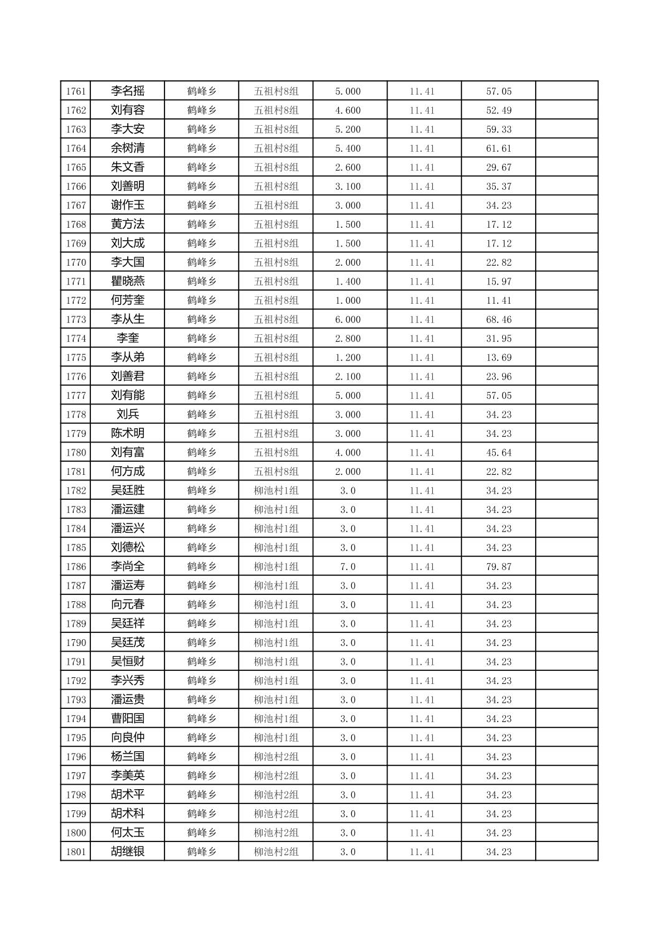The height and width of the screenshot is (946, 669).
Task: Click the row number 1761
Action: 75,91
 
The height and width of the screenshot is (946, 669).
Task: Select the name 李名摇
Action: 128,91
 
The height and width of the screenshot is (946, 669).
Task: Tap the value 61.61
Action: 498,149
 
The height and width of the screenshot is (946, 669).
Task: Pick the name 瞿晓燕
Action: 128,281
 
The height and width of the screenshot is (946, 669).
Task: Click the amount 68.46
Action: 498,320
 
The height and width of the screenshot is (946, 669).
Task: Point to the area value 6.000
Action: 348,320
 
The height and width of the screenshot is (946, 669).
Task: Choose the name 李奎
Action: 128,339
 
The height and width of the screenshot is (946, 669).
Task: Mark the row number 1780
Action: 75,453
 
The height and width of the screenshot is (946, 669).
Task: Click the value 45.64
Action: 498,453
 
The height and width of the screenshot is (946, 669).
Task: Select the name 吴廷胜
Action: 128,490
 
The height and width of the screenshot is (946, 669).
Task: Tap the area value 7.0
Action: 348,567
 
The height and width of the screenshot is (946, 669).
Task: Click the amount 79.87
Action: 498,567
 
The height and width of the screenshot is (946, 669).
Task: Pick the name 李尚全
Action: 128,566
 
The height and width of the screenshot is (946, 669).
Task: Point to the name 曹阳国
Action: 128,719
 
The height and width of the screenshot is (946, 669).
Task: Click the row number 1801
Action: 75,852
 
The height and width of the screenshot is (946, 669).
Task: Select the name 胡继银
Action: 128,851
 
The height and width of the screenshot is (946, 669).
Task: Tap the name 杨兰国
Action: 128,757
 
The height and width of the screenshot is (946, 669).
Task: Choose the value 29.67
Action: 498,167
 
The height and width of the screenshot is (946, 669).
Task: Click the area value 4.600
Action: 348,111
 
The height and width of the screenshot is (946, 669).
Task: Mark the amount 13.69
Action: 498,358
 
